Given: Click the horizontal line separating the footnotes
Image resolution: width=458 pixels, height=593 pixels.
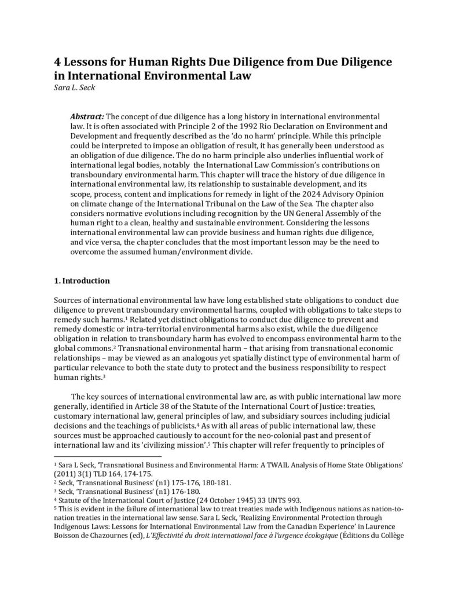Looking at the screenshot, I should click(x=98, y=456).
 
